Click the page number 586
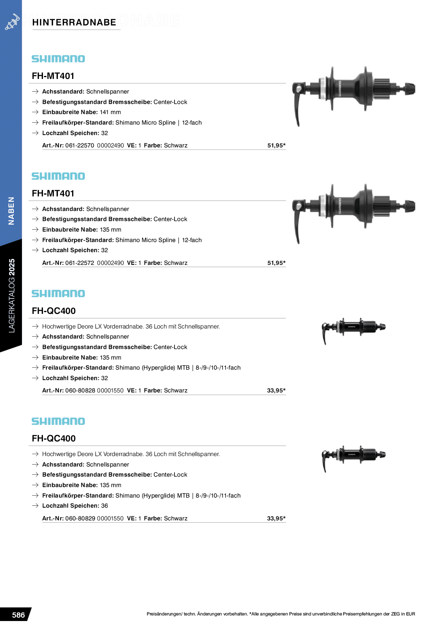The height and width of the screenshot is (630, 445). (x=18, y=615)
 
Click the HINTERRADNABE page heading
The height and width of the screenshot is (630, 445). (x=74, y=22)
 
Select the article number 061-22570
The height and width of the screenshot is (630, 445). (x=80, y=146)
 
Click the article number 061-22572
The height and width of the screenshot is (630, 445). (x=80, y=263)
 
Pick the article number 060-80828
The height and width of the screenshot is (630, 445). (x=80, y=391)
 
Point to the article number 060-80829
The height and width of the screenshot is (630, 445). (x=80, y=519)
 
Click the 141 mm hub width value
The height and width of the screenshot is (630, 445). (x=110, y=112)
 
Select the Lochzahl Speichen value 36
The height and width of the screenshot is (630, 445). (x=105, y=506)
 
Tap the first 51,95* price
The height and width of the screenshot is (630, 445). (x=276, y=146)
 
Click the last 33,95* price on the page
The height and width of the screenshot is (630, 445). (x=276, y=519)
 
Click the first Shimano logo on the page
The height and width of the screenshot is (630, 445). (x=58, y=59)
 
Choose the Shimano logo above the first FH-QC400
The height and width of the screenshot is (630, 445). (x=58, y=294)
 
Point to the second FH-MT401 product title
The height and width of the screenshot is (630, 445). (x=53, y=193)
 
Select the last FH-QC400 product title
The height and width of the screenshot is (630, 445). (x=54, y=438)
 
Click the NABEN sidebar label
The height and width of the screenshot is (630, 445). (x=12, y=211)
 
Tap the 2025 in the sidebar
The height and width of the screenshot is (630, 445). (x=12, y=267)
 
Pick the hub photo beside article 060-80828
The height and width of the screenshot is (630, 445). (x=353, y=328)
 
